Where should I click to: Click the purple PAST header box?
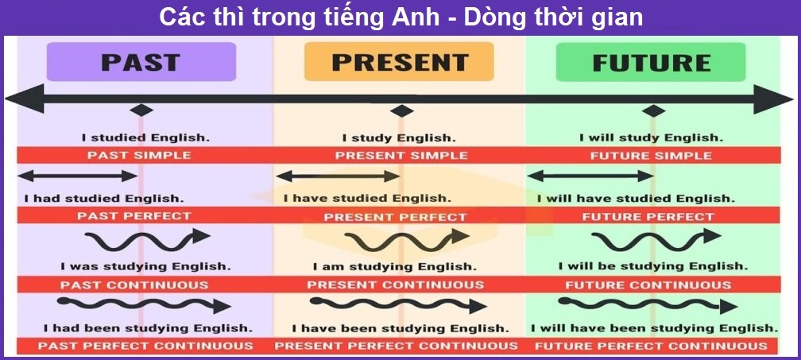141,61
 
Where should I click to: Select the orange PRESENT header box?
399,61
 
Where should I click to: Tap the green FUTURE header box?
651,62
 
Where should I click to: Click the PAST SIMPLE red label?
139,156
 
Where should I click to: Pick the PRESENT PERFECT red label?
395,216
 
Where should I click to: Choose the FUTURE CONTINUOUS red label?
648,285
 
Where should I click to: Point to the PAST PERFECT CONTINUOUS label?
145,346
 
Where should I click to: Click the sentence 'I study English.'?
399,138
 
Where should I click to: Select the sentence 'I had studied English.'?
103,198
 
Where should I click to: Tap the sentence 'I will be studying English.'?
652,266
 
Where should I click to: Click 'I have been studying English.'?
399,327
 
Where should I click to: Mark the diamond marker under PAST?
141,110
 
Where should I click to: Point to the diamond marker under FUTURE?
653,110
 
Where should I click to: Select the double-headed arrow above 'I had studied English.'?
78,176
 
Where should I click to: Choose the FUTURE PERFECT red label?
648,216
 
